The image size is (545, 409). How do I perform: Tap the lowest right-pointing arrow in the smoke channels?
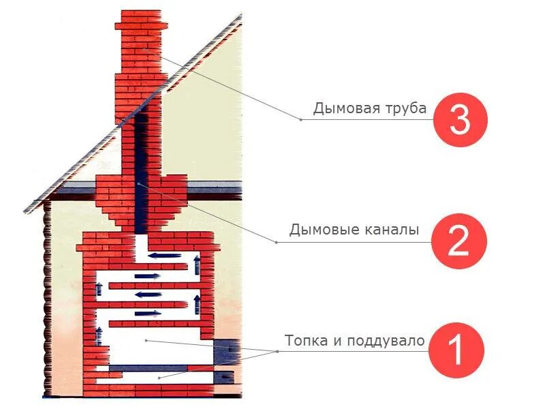click(x=148, y=314)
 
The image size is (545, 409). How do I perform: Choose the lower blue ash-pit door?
click(x=225, y=376)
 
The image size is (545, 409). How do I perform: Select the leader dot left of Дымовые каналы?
click(x=276, y=241)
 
